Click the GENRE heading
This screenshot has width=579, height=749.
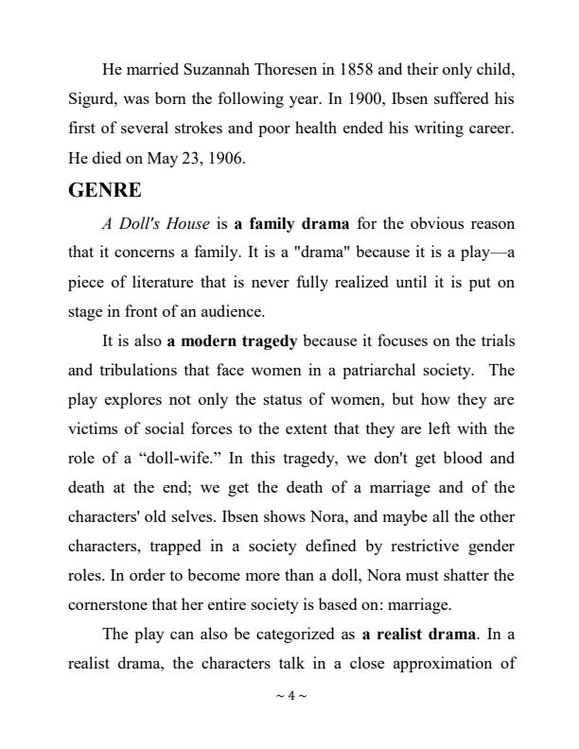point(105,190)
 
